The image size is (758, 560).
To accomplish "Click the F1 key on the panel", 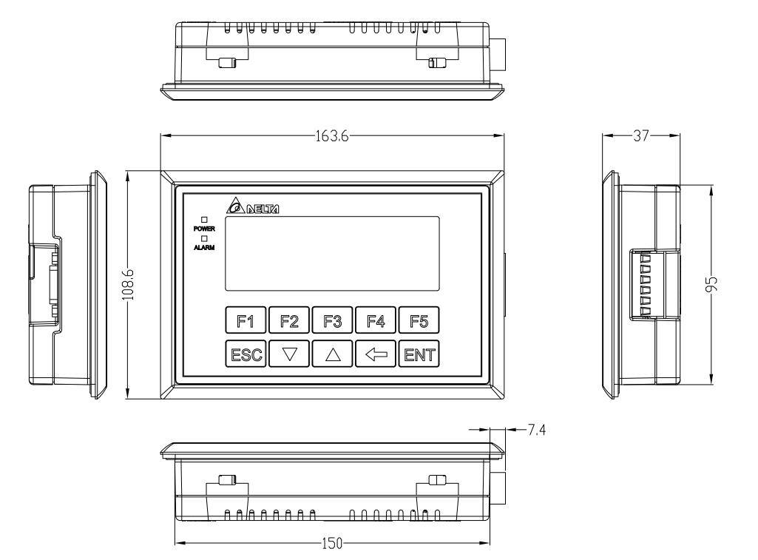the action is (246, 320).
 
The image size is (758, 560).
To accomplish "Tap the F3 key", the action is (332, 320).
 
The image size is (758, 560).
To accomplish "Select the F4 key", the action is (376, 320).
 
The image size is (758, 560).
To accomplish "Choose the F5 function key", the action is (419, 320).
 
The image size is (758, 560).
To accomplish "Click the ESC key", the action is (246, 354).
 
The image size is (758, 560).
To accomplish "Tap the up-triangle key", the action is (332, 354).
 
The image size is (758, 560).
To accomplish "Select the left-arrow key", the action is (376, 354).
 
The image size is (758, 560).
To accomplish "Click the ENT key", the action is (419, 354).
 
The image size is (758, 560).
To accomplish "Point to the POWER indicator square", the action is (204, 220).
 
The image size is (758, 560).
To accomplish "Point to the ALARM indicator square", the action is (204, 238).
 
